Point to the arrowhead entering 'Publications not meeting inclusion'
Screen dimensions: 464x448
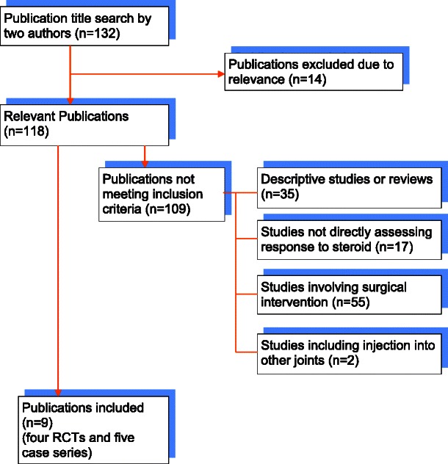[145, 163]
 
